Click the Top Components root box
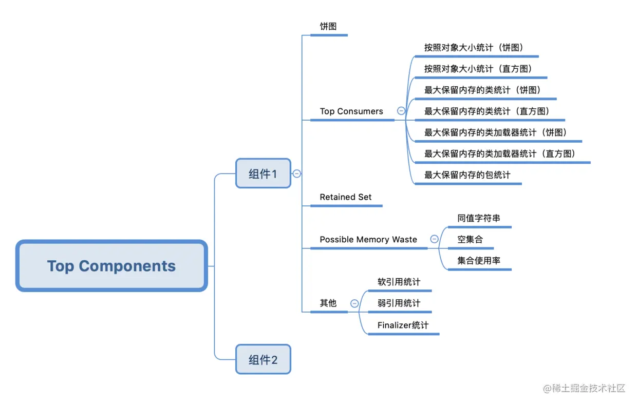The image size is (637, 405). coord(111,266)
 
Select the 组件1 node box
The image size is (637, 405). coord(263,173)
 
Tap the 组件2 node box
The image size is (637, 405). coord(263,359)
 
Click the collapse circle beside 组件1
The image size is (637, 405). coord(296,173)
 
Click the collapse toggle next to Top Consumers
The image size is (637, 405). coord(401,110)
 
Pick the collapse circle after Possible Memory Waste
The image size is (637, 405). coord(434,239)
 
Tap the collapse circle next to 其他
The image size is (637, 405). coord(354,303)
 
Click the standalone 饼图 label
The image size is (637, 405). coord(328,26)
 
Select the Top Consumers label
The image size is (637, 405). coord(351,111)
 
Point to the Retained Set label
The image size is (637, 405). coord(346,197)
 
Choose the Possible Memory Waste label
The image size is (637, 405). coord(368,239)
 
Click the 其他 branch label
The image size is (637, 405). coord(328,303)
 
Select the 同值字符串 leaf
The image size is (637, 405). coord(479,218)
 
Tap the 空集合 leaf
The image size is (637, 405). coord(470,239)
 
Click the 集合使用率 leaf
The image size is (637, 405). coord(479,260)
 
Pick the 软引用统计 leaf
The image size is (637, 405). coord(399,282)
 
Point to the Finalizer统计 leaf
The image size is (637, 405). coord(403,325)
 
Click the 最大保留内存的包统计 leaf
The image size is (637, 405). coord(467,175)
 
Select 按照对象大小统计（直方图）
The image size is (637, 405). coord(478,68)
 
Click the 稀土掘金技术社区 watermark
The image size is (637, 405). coord(584,388)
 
